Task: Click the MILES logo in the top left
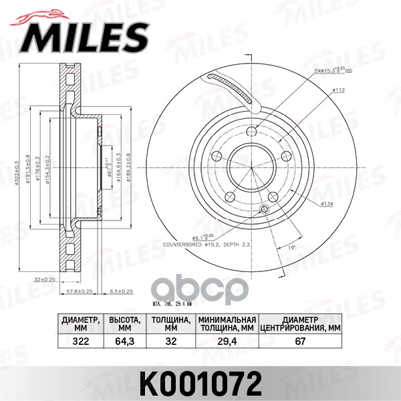pyautogui.click(x=87, y=33)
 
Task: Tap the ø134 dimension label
pyautogui.click(x=327, y=203)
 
